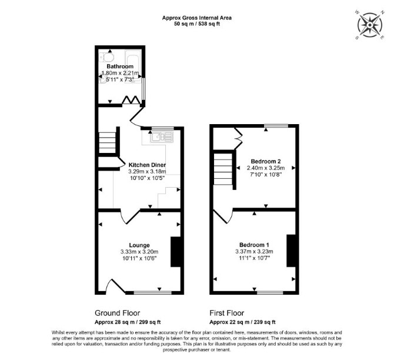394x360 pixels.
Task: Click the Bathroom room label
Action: click(x=120, y=66)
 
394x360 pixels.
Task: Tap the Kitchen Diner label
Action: click(x=147, y=165)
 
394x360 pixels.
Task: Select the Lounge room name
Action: click(x=139, y=245)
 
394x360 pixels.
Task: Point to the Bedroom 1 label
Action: click(x=254, y=245)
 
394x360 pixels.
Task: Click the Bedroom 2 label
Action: click(x=266, y=161)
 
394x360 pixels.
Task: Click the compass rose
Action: click(x=370, y=25)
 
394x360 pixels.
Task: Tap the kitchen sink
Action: click(x=162, y=137)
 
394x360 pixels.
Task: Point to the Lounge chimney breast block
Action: click(x=176, y=252)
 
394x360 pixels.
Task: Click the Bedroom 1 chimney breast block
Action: click(x=291, y=251)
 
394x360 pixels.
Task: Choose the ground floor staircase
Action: click(x=107, y=142)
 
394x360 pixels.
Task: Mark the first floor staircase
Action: click(x=223, y=169)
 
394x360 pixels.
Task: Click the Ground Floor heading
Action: click(x=118, y=313)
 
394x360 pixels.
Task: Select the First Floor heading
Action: click(x=227, y=313)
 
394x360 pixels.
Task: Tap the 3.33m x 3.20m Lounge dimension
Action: click(x=139, y=252)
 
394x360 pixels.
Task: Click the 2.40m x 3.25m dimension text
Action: click(x=266, y=168)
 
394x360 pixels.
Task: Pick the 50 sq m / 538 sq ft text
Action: click(x=197, y=24)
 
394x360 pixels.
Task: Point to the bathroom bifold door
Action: click(x=131, y=100)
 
